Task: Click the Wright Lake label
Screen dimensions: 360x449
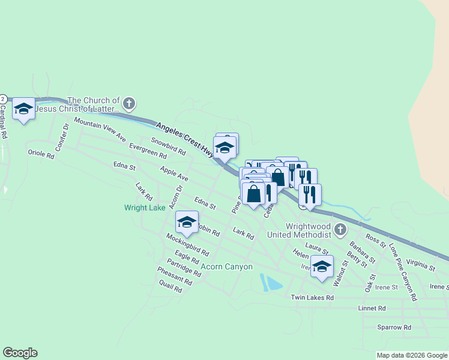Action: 145,208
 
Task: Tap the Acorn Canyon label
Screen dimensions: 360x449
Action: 227,266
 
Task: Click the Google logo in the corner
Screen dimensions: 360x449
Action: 20,353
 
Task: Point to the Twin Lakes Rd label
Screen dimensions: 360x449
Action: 312,298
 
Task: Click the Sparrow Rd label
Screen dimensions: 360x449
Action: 394,328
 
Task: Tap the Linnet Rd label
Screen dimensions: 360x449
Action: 373,308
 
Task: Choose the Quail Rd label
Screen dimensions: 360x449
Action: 170,286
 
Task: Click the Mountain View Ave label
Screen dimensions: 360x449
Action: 100,130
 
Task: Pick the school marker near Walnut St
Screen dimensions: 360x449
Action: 322,267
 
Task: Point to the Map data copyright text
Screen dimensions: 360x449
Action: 412,355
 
